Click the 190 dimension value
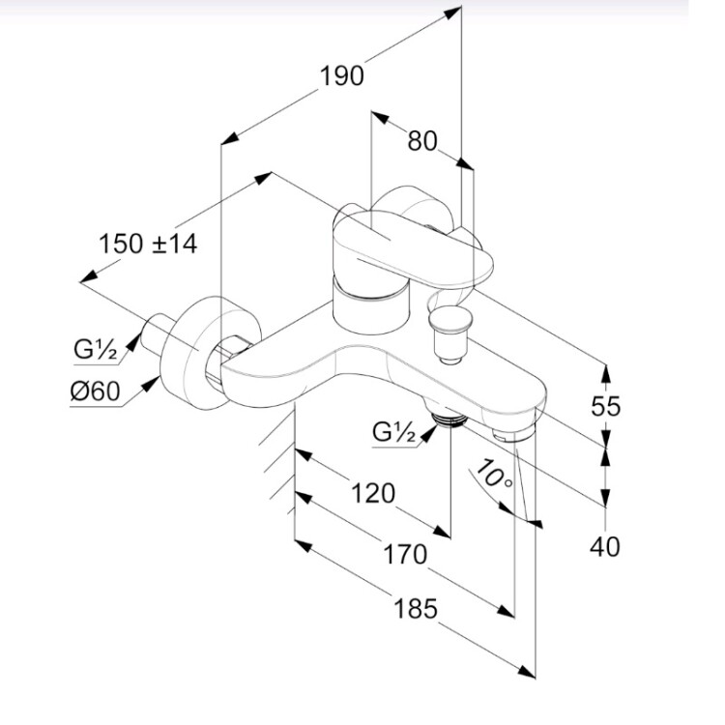(x=342, y=76)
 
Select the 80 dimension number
(x=421, y=141)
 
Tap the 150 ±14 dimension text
(x=148, y=244)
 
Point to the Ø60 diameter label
(x=94, y=391)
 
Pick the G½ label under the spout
(x=394, y=432)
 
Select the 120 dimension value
(x=373, y=493)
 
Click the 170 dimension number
(x=404, y=555)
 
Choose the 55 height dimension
(x=605, y=406)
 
